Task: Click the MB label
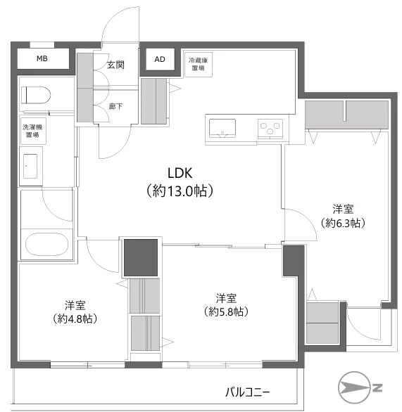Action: point(42,58)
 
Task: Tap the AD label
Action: point(160,59)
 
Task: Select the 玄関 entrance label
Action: point(115,65)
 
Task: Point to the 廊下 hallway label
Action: point(115,106)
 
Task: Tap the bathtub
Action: point(47,244)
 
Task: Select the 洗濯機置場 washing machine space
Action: point(33,131)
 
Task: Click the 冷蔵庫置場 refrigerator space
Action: point(199,65)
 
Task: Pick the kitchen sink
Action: point(222,128)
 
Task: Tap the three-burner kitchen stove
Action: point(270,129)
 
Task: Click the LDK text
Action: point(180,173)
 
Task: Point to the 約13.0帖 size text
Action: point(180,191)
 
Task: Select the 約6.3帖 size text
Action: point(343,223)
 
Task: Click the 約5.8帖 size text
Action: point(226,312)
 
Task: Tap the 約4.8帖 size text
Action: point(75,318)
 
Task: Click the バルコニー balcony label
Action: point(248,392)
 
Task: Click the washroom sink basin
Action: point(30,167)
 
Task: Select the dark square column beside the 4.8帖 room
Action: point(141,257)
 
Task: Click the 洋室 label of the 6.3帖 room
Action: point(343,210)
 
